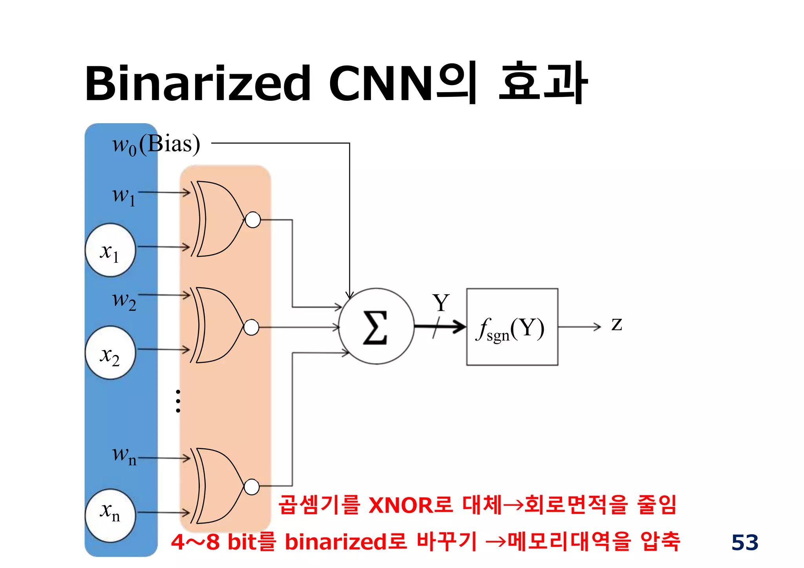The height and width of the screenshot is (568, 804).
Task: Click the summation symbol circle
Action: tap(376, 326)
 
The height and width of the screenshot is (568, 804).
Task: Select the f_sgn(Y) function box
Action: tap(512, 327)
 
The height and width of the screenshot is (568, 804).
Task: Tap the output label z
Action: tap(616, 324)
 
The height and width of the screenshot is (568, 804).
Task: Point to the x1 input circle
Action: tap(110, 250)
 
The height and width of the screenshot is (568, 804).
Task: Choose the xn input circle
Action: tap(110, 515)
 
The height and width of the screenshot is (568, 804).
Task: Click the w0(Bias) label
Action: tap(156, 144)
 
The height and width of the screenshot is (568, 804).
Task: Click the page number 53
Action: tap(745, 543)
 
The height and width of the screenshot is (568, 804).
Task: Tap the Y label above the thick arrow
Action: tap(441, 303)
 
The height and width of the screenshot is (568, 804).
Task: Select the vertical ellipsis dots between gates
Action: tap(178, 401)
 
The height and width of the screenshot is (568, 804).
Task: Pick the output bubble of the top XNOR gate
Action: tap(253, 220)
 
